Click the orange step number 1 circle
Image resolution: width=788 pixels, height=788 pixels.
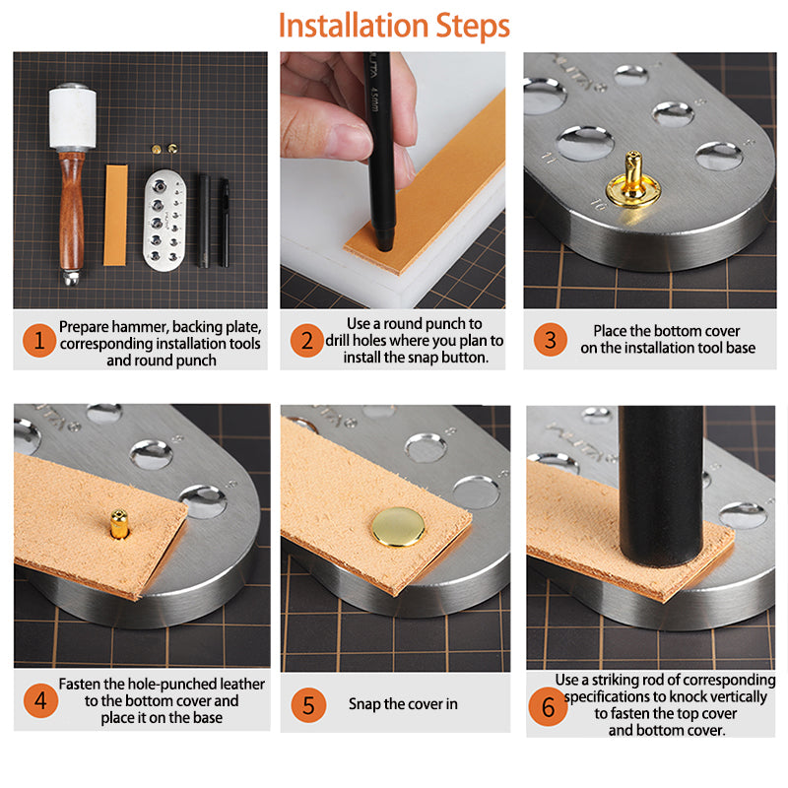(x=39, y=341)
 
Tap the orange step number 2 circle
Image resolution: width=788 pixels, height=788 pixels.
(x=307, y=341)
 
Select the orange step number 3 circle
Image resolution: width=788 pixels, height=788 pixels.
(x=551, y=340)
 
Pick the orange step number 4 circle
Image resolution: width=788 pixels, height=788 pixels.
(x=40, y=700)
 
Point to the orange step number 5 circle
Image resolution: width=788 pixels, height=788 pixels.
(x=308, y=705)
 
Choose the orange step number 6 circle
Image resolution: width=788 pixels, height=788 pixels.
(x=548, y=707)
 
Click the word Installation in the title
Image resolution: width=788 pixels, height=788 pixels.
(x=354, y=26)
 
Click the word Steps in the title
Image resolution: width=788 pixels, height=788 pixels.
(x=473, y=27)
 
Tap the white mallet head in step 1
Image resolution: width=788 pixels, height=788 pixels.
(x=73, y=117)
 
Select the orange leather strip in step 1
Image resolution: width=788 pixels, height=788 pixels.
(x=115, y=215)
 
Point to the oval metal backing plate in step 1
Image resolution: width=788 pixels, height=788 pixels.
(x=164, y=220)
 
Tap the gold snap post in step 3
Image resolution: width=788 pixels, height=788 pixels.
(x=632, y=181)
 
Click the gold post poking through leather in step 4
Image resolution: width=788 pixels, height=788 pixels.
(x=118, y=524)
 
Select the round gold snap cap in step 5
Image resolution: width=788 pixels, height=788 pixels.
(x=398, y=527)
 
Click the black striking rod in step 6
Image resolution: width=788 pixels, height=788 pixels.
(x=661, y=487)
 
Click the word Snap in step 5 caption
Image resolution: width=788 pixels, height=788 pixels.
(x=364, y=704)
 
